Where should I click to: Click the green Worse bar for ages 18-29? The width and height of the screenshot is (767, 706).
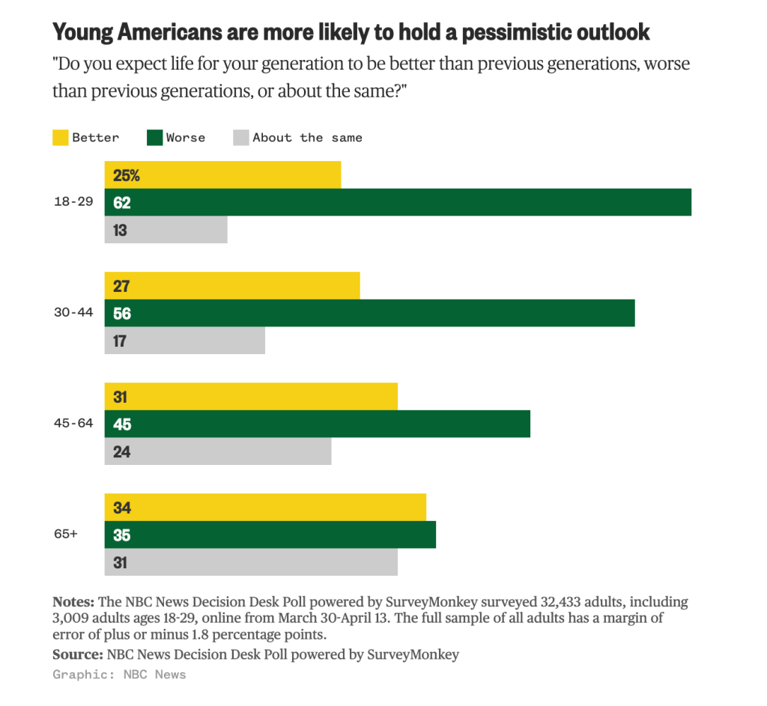click(398, 202)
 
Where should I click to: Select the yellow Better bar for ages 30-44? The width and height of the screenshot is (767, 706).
click(232, 285)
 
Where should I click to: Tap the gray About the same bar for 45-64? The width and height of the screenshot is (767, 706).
click(218, 451)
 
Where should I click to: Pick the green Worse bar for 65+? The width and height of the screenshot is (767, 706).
click(270, 535)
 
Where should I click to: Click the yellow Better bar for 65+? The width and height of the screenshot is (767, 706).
click(265, 508)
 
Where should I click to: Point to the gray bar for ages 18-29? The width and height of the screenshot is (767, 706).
click(166, 230)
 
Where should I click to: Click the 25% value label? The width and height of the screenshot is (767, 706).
click(126, 175)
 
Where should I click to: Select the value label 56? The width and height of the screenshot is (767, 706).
click(122, 314)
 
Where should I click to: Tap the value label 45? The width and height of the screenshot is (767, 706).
click(122, 424)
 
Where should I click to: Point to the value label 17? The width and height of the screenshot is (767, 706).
click(120, 341)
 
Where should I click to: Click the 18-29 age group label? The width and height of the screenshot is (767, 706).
click(73, 201)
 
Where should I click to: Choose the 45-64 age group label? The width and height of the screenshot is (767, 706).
click(73, 423)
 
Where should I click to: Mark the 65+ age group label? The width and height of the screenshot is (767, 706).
click(66, 534)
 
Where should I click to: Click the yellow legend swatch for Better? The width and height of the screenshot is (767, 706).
click(60, 138)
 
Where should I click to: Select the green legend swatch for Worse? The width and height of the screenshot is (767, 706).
click(154, 138)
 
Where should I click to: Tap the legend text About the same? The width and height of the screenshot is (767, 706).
click(307, 138)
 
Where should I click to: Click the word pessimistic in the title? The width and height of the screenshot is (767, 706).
click(517, 32)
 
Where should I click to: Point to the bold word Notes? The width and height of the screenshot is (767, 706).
click(73, 601)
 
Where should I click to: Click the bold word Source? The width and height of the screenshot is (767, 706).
click(78, 654)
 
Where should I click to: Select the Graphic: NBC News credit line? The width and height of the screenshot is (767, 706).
click(119, 675)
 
